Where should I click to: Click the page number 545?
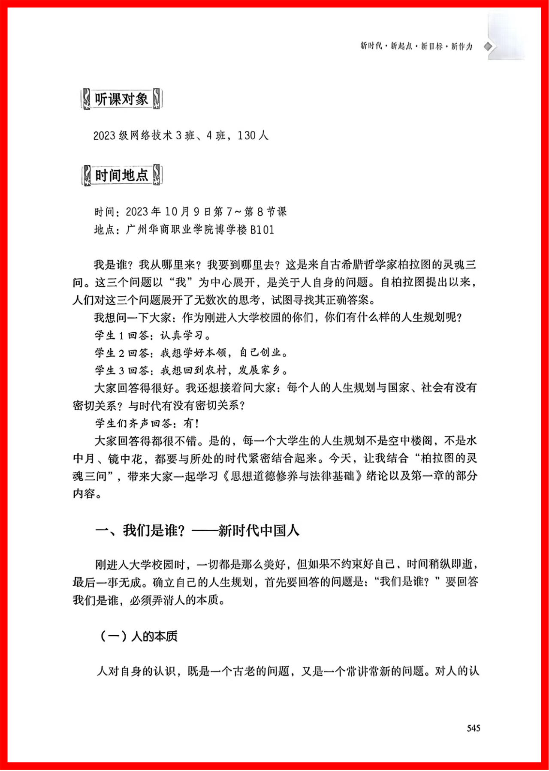coord(474,728)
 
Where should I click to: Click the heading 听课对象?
coord(121,99)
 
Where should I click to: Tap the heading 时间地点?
coord(121,175)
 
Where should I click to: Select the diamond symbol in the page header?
coord(488,46)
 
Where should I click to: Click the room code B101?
coord(262,230)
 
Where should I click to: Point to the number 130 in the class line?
coord(247,136)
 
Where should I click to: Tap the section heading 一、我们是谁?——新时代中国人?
coord(197,531)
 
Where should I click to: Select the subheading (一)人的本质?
coord(138,636)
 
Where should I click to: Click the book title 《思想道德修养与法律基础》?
coord(293,476)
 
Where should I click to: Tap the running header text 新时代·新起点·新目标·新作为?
coord(416,46)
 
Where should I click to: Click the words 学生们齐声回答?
coord(133,424)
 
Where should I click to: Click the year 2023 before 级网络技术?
coord(105,136)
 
